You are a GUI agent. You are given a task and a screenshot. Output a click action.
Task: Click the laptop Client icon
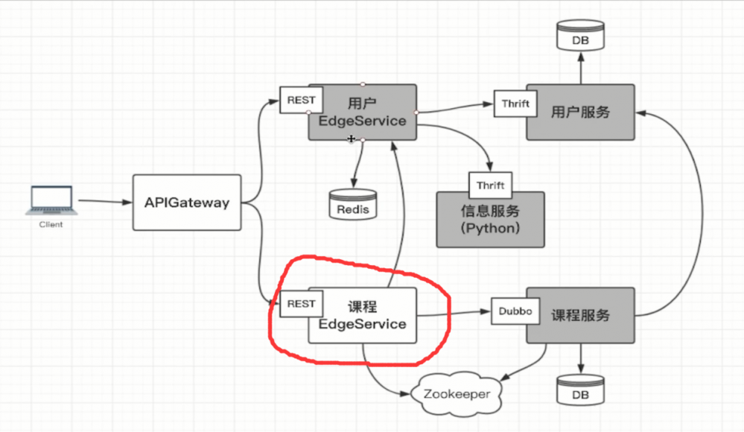click(51, 200)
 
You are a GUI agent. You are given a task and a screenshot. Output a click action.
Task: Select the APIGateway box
click(187, 202)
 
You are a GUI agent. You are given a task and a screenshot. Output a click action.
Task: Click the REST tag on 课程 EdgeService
click(301, 304)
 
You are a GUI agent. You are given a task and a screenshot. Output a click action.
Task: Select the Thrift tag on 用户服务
click(515, 104)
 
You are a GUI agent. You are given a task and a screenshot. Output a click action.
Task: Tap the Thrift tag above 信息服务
click(490, 185)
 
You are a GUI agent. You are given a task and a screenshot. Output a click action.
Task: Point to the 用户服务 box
click(581, 112)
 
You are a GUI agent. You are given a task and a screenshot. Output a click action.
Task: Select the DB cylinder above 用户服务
click(581, 36)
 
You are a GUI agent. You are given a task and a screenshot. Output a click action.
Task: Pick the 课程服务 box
click(581, 315)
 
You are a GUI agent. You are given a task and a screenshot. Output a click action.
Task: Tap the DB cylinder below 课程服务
click(581, 390)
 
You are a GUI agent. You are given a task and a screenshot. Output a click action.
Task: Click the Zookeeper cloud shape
click(457, 393)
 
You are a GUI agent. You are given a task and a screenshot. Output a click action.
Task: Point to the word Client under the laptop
click(51, 224)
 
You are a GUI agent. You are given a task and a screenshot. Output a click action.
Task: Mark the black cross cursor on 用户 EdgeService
click(352, 139)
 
